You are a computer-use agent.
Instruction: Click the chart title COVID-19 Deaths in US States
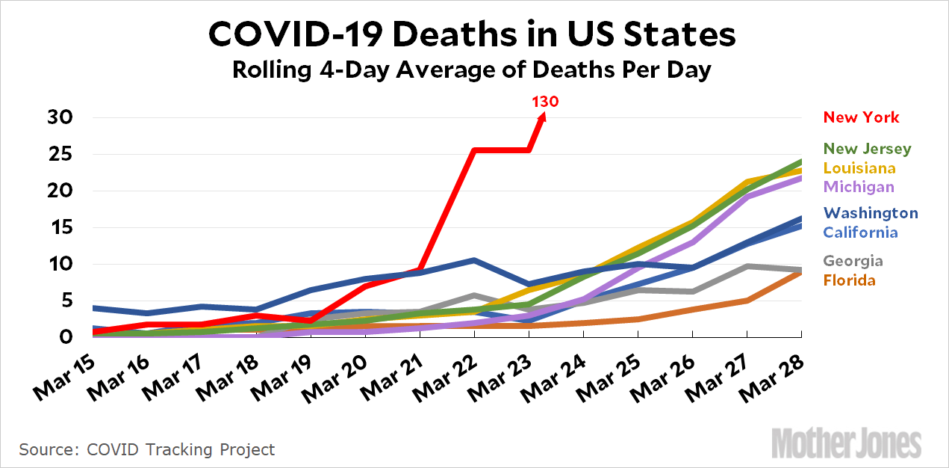[472, 34]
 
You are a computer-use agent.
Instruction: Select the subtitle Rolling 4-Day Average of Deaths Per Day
[472, 70]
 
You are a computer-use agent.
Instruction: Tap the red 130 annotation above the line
[545, 101]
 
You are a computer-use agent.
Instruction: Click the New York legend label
[861, 117]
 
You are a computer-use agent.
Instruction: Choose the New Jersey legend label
[867, 149]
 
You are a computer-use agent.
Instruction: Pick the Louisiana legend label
[860, 168]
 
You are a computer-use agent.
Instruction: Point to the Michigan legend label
[859, 187]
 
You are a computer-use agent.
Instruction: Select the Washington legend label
[871, 213]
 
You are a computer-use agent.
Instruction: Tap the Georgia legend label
[853, 261]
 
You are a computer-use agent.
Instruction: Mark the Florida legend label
[850, 280]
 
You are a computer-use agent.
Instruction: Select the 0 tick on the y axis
[66, 337]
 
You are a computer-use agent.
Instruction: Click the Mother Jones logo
[846, 443]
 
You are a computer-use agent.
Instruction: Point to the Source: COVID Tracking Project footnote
[147, 450]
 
